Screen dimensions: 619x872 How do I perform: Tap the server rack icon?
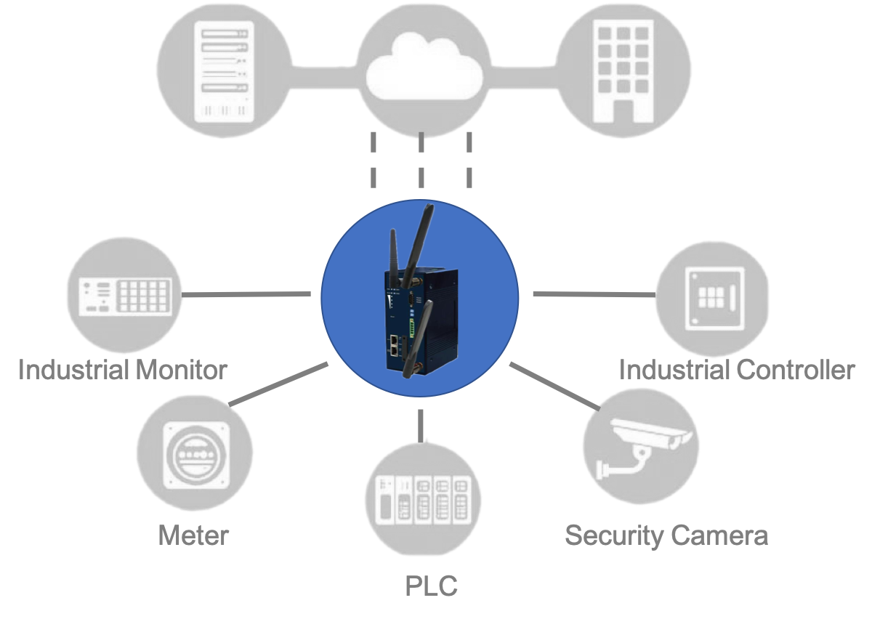click(x=224, y=70)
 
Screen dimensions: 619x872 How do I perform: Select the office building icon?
click(x=622, y=70)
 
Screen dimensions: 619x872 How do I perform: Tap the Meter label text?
click(x=193, y=536)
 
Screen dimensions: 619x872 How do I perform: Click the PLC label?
click(x=431, y=586)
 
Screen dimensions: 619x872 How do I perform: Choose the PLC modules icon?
click(x=422, y=498)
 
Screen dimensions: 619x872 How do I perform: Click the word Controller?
click(x=795, y=370)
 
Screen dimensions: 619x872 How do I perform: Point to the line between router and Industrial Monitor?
click(x=247, y=294)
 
